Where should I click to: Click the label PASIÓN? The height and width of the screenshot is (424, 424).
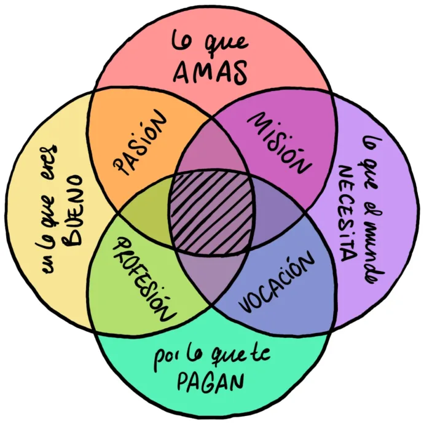tap(141, 144)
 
